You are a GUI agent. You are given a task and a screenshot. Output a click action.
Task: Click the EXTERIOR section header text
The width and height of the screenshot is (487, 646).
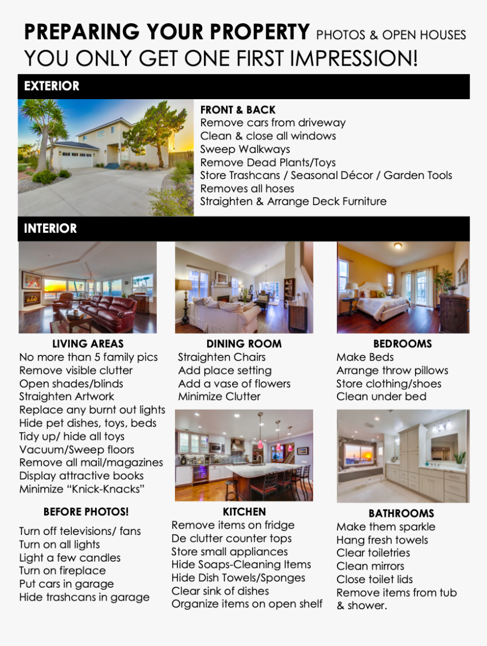tap(52, 86)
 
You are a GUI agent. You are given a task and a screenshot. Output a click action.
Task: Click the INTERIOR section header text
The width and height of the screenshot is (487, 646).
tap(50, 228)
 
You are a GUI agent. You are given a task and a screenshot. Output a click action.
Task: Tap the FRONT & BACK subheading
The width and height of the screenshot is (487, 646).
tap(238, 110)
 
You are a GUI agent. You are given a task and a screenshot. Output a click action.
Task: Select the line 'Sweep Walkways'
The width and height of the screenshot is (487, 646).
tap(245, 149)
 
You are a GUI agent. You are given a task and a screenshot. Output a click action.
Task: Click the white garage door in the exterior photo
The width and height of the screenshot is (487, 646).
tap(76, 160)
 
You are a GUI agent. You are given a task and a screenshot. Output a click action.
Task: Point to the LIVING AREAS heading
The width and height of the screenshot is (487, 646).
tap(88, 344)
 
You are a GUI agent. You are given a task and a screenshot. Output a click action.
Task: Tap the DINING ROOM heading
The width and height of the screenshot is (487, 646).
tap(244, 344)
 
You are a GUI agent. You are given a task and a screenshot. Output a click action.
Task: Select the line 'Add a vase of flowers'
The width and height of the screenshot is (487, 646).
tap(234, 384)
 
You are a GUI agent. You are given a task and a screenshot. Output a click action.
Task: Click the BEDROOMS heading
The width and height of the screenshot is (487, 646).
tap(402, 344)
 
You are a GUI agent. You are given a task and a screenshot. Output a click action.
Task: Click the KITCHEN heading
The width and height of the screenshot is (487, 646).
tap(244, 512)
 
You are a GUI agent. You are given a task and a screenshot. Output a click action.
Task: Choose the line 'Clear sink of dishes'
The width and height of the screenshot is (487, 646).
tap(220, 591)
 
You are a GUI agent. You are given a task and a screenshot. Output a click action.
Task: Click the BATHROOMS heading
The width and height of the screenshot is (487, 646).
tap(401, 513)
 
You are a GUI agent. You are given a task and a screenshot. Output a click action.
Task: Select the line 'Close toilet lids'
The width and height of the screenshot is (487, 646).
tap(374, 579)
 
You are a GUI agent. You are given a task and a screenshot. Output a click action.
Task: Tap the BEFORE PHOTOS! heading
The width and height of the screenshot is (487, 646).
tap(86, 512)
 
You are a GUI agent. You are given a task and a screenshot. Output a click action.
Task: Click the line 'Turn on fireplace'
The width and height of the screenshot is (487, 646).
tap(62, 571)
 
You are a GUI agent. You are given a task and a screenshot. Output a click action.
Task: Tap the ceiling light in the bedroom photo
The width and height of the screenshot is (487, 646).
tap(398, 246)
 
